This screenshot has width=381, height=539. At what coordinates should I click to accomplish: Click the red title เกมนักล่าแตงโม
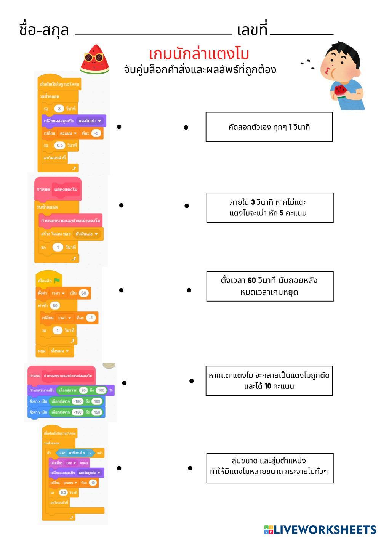tap(199, 54)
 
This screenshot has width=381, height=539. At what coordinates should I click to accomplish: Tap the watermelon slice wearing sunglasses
tap(94, 59)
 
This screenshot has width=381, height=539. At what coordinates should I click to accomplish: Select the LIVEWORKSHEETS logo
tap(320, 529)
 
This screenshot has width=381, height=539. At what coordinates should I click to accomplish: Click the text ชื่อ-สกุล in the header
tap(44, 30)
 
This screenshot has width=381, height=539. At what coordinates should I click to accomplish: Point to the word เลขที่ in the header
tap(252, 30)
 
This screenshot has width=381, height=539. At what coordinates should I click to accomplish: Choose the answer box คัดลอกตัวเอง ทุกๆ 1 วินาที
tap(269, 127)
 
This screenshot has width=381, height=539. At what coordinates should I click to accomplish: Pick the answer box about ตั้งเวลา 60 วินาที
tap(270, 286)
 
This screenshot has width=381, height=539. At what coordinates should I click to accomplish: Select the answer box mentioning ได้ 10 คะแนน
tap(269, 381)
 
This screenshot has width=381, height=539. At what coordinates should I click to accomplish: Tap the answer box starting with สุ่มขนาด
tap(270, 468)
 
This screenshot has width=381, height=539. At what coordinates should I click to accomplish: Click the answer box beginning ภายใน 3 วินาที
tap(270, 207)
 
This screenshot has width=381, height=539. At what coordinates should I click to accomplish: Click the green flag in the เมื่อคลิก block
tap(57, 281)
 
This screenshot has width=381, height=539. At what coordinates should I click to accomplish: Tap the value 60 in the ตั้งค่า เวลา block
tap(84, 293)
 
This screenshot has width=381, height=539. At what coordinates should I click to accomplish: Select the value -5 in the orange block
tap(96, 133)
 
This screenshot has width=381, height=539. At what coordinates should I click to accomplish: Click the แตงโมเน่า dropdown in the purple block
tap(91, 121)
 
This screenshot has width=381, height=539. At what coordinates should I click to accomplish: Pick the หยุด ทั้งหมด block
tap(55, 351)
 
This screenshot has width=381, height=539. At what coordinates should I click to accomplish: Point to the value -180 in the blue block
tap(78, 401)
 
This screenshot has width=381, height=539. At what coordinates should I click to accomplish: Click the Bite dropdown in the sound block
tap(70, 463)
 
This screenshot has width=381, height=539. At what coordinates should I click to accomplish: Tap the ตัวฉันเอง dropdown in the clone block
tap(87, 234)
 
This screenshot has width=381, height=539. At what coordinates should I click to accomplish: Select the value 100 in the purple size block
tap(101, 390)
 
